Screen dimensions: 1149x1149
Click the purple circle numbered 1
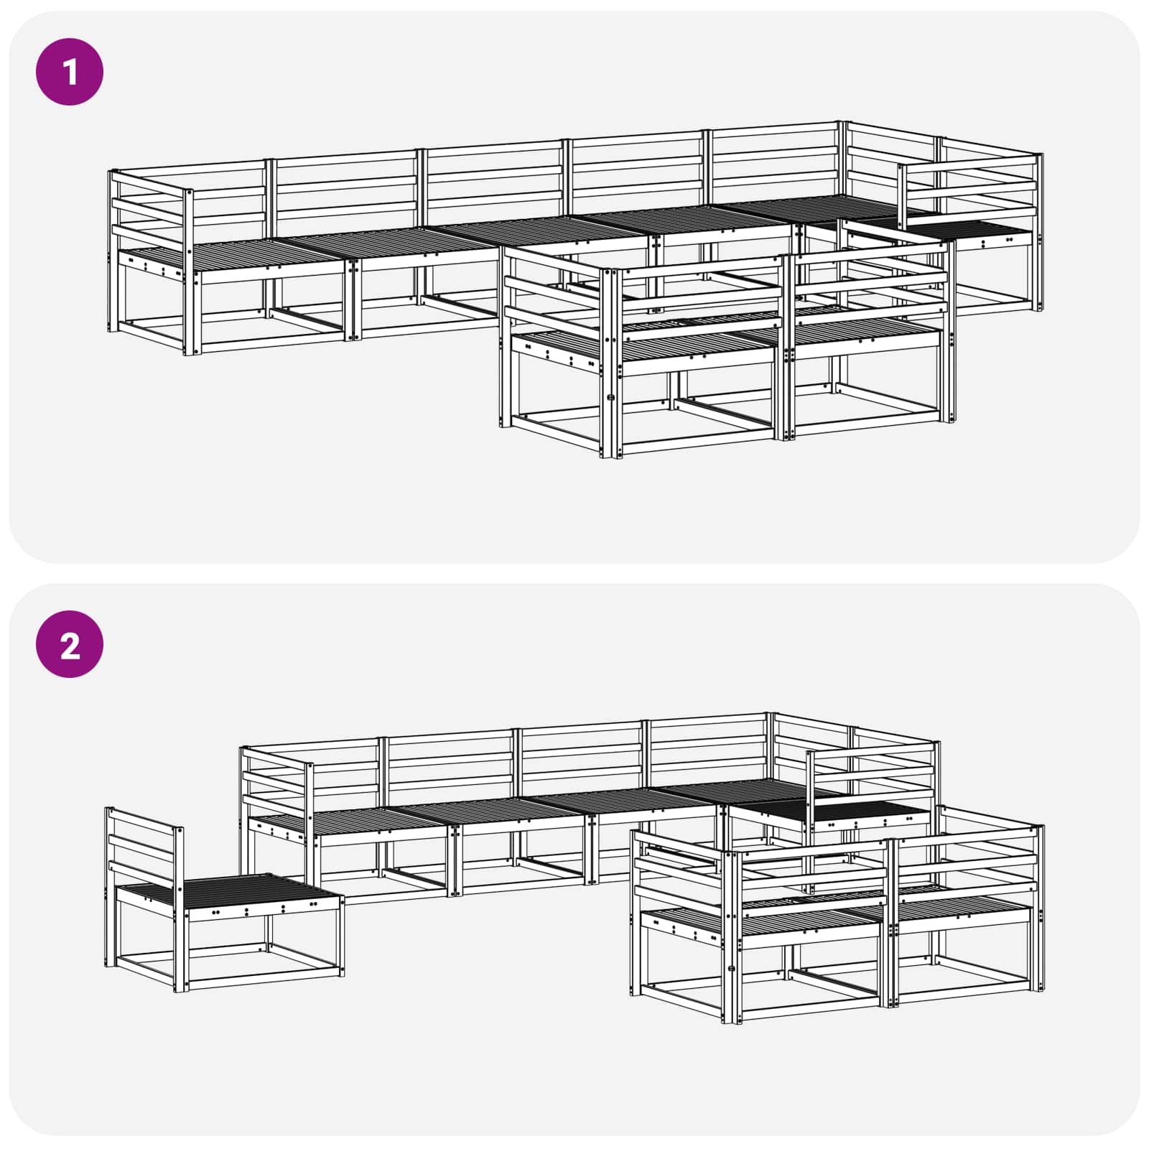tap(70, 72)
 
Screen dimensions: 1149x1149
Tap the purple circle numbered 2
tap(70, 644)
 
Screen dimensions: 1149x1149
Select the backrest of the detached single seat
tap(144, 847)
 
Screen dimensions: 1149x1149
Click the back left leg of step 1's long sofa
tap(112, 251)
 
